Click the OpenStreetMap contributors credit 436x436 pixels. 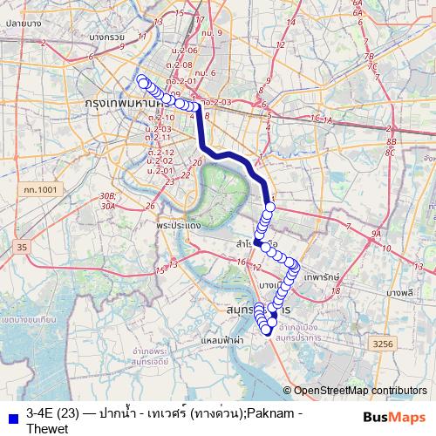point(361,392)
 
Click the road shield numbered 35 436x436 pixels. point(22,249)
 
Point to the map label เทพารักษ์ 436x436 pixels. point(322,276)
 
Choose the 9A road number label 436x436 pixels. point(376,234)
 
